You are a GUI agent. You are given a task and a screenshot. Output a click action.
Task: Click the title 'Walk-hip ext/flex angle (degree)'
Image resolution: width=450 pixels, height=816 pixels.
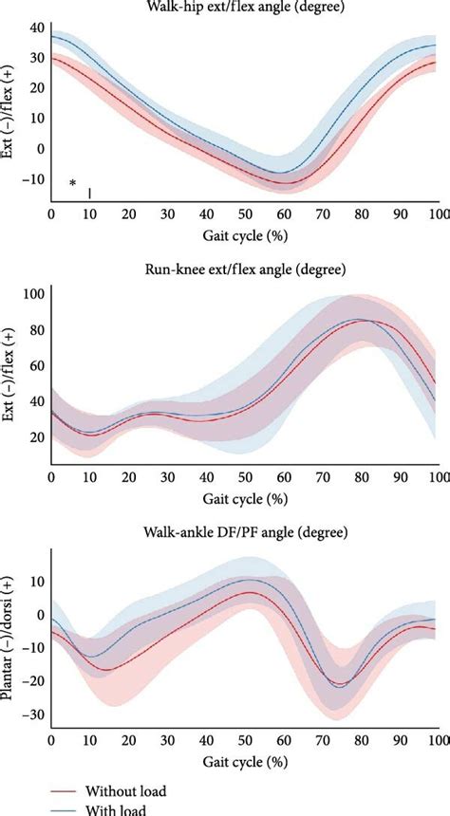click(x=245, y=8)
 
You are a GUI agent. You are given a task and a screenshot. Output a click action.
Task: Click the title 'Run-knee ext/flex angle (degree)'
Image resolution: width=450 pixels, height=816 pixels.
click(x=245, y=269)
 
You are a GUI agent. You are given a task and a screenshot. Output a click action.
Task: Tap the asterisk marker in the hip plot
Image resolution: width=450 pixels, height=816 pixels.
click(x=72, y=184)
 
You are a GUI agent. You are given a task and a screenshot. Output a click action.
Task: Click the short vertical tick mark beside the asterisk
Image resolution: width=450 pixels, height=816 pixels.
click(x=89, y=193)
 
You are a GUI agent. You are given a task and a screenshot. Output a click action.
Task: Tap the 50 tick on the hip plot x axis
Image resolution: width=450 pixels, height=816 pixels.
click(x=245, y=214)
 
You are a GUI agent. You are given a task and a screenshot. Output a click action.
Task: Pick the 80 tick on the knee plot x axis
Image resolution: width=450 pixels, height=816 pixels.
click(x=361, y=475)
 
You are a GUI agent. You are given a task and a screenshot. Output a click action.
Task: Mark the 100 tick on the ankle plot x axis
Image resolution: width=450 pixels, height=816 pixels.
click(x=437, y=739)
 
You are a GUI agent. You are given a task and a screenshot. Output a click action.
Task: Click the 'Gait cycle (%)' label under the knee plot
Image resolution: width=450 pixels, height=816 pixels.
click(x=245, y=496)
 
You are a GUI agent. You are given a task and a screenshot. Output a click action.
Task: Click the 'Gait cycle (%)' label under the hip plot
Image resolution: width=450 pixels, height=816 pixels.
click(x=245, y=234)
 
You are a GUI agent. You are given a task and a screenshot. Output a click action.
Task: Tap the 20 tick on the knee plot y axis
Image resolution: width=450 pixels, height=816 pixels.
click(x=35, y=437)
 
